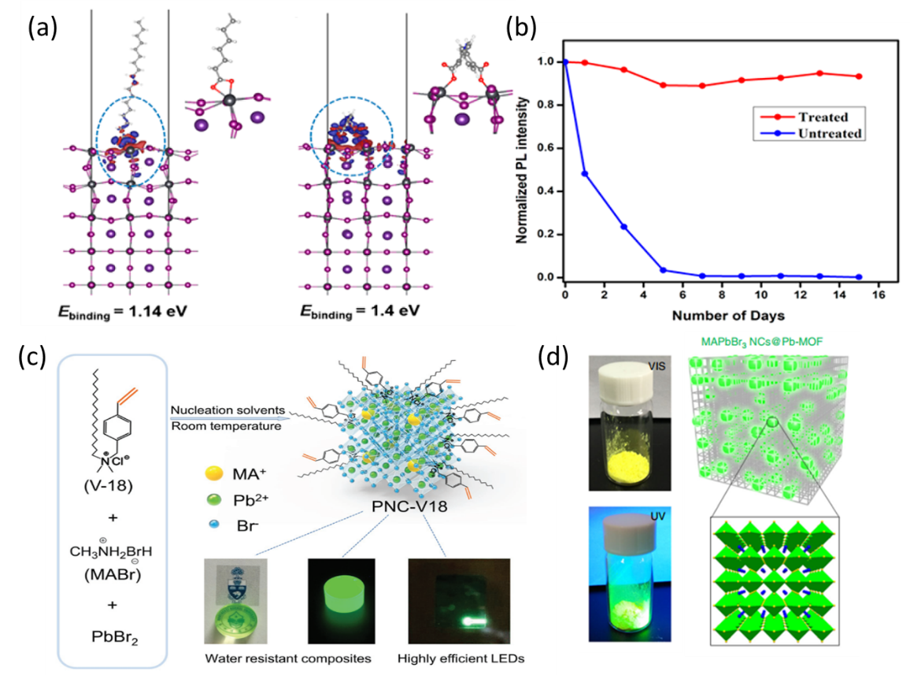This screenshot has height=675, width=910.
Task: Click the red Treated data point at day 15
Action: (859, 76)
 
